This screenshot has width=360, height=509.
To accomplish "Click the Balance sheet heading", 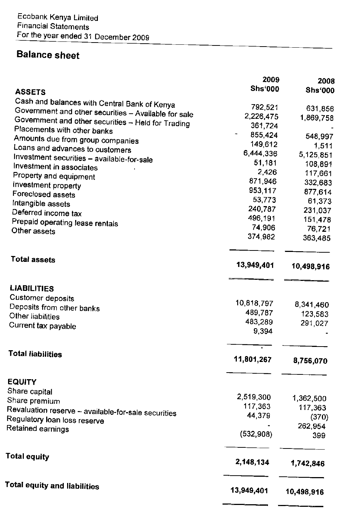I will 48,55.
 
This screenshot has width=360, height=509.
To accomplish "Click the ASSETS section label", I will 30,92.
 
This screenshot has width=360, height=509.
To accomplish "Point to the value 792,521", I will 264,107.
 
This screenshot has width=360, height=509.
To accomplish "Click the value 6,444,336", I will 260,154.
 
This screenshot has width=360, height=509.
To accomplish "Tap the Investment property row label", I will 47,186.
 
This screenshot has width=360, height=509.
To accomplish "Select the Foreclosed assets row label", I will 44,195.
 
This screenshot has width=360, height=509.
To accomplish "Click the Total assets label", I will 33,260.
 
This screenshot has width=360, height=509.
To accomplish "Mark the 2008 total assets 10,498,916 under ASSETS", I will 311,267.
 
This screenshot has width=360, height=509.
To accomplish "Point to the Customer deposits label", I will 42,298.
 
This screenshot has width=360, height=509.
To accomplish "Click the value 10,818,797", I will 254,303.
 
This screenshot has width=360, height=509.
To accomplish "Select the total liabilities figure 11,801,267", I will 253,360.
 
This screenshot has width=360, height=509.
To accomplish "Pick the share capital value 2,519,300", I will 254,397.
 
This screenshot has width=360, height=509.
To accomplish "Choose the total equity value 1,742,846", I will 308,464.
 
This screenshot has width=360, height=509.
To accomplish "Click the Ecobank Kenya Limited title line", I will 58,18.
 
